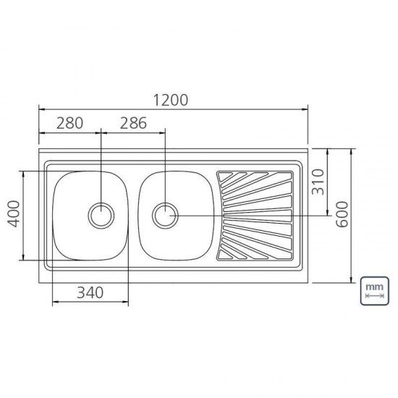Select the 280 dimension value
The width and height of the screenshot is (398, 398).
point(69,123)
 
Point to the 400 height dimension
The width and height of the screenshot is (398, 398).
point(12,215)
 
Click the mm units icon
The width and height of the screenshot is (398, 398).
point(374,290)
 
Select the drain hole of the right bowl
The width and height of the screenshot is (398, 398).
point(165,214)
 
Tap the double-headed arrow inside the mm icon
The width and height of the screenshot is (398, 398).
point(374,297)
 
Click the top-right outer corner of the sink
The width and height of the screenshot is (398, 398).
point(308,152)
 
